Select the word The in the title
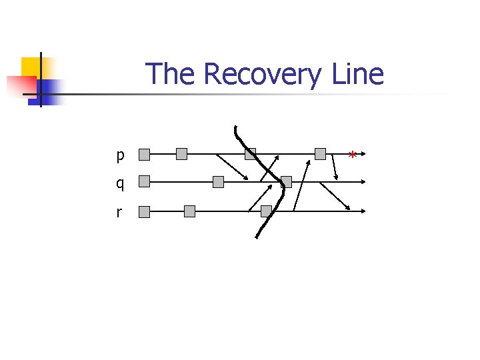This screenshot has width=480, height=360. pos(171,74)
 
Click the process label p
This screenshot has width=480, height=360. pos(120,156)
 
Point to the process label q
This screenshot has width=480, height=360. pos(120,183)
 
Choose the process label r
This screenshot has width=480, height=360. pos(119,213)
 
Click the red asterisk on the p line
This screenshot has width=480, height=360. pos(352,156)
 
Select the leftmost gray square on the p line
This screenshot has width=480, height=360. pos(145,155)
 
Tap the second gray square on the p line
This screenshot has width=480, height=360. pos(182,154)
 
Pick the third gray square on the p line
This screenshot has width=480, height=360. pos(250,154)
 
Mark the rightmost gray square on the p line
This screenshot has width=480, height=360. pos(320,154)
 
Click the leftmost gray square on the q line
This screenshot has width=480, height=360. pos(145,181)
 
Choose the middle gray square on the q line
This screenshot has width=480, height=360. pos(218,181)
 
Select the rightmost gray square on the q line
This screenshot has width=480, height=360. pos(286,181)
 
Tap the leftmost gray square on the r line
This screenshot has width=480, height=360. pos(145,212)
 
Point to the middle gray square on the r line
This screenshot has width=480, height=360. pos(189,211)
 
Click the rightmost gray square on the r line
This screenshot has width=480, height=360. pos(266,211)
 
